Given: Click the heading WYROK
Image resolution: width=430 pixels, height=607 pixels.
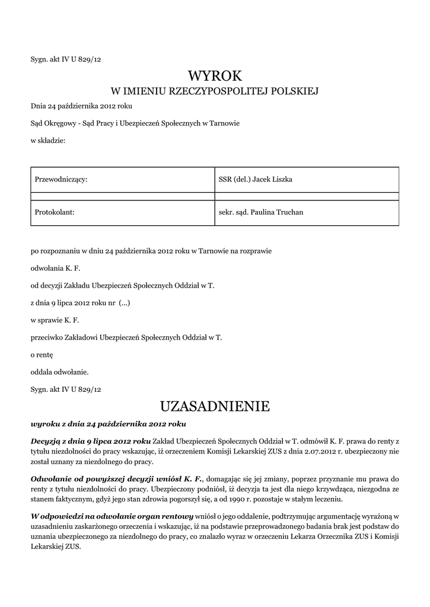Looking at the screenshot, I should pyautogui.click(x=215, y=76).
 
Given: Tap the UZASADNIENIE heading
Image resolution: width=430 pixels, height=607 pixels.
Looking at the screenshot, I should pyautogui.click(x=215, y=406).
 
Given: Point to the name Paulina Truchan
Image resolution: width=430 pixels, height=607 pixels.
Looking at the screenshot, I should pyautogui.click(x=276, y=212).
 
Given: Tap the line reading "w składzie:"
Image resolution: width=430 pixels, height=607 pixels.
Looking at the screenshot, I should pyautogui.click(x=48, y=140).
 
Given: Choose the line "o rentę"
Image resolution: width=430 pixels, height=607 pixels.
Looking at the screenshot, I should pyautogui.click(x=42, y=354).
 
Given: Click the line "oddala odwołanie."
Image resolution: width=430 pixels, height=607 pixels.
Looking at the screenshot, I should pyautogui.click(x=59, y=372).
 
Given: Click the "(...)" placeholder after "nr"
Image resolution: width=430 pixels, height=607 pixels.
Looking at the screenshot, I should pyautogui.click(x=125, y=303).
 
